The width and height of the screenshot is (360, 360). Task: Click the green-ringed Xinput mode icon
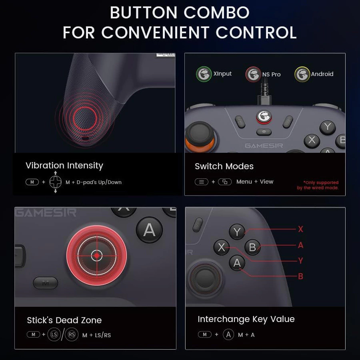(204, 74)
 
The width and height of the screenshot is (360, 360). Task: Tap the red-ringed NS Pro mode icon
(253, 74)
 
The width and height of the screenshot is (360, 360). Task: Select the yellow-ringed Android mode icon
(302, 74)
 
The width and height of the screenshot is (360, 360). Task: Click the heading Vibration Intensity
(64, 166)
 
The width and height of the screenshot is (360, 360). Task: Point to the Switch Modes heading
(224, 166)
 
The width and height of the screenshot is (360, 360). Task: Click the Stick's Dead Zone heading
(64, 320)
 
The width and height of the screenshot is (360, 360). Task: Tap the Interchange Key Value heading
(246, 319)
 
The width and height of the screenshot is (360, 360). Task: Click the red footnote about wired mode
(318, 185)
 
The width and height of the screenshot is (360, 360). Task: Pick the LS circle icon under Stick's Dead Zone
(54, 334)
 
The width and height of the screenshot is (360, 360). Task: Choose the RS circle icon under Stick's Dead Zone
(72, 334)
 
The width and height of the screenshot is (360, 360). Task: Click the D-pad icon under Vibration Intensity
(55, 182)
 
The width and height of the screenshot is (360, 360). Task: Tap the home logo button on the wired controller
(264, 116)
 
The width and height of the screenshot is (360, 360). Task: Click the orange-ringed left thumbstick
(200, 137)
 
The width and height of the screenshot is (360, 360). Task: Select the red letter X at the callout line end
(300, 229)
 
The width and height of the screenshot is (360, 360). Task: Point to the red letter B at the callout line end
(300, 276)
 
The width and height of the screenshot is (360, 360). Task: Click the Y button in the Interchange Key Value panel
(237, 232)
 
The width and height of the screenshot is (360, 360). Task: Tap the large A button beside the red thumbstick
(149, 230)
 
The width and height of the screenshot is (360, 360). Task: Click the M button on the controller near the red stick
(46, 283)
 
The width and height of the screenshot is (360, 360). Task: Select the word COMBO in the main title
(216, 12)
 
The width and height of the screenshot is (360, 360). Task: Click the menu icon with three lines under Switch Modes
(202, 182)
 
